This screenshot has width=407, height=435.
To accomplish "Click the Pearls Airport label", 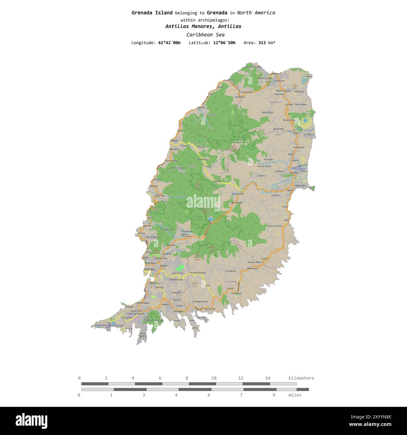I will click(299, 169).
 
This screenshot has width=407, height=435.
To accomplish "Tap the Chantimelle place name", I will click(246, 92).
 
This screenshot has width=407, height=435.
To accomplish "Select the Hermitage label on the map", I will click(278, 129).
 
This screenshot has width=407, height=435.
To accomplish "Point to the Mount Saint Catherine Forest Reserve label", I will click(237, 140).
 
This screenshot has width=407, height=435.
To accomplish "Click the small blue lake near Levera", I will click(304, 80).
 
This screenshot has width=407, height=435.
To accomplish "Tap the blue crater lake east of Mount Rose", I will click(305, 120).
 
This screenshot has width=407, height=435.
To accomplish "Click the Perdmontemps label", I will click(198, 273).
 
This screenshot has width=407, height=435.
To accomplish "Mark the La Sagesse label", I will click(236, 294).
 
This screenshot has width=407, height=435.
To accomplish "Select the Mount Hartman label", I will click(155, 320).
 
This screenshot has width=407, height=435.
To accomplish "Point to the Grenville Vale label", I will click(166, 229).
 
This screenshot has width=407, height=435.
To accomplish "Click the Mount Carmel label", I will click(274, 226).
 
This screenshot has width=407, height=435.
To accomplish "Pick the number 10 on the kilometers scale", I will click(214, 378).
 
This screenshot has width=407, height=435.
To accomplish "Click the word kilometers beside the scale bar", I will click(301, 378).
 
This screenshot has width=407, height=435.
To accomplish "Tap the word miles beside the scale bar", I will click(295, 395).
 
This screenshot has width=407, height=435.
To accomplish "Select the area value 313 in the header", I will click(262, 43).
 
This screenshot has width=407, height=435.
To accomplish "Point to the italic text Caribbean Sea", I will click(205, 35).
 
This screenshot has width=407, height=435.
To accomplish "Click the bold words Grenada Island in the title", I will click(152, 13).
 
